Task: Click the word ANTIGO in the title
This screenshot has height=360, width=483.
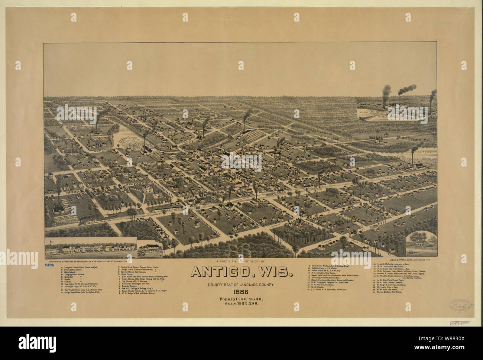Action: (224, 272)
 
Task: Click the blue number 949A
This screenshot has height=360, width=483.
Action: (50, 265)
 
